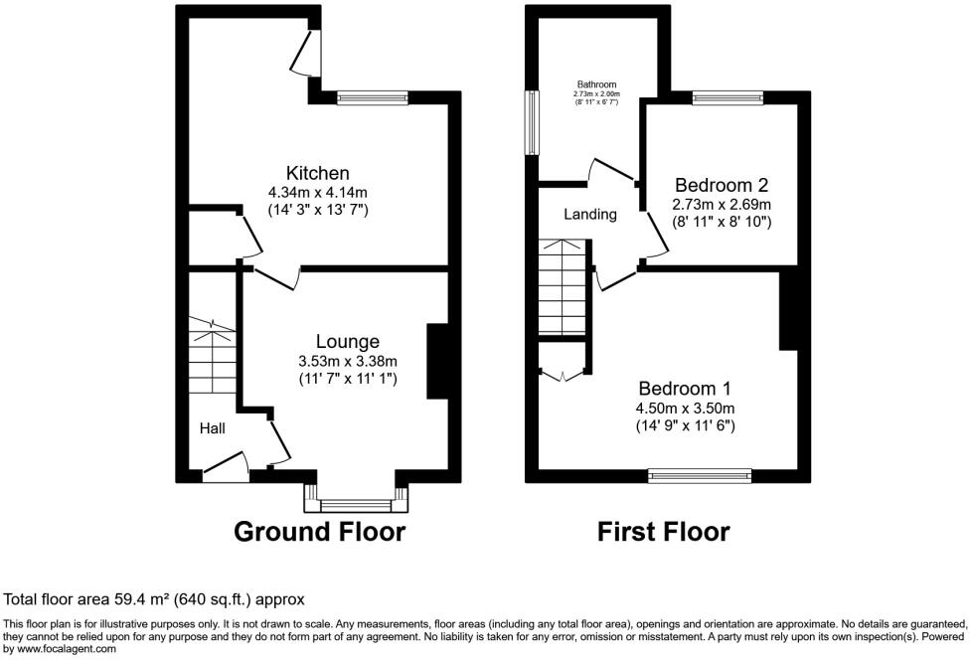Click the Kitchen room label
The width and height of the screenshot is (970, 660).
point(317,173)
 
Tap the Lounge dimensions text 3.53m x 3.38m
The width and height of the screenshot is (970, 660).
point(348,361)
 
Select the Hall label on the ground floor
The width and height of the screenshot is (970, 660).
point(212,429)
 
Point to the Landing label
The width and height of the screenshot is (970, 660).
point(590,214)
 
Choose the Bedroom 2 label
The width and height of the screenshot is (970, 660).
point(722,185)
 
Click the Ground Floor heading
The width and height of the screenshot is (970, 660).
point(319,532)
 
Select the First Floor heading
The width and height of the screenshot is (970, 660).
point(663,532)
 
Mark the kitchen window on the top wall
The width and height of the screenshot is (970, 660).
point(372,97)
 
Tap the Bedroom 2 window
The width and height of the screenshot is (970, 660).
point(727,97)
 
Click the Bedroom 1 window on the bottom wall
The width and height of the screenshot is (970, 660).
point(700,476)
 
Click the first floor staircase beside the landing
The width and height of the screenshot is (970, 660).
point(563,288)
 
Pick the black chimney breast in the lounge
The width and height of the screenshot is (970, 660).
point(437,361)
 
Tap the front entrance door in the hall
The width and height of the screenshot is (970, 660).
point(225,466)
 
